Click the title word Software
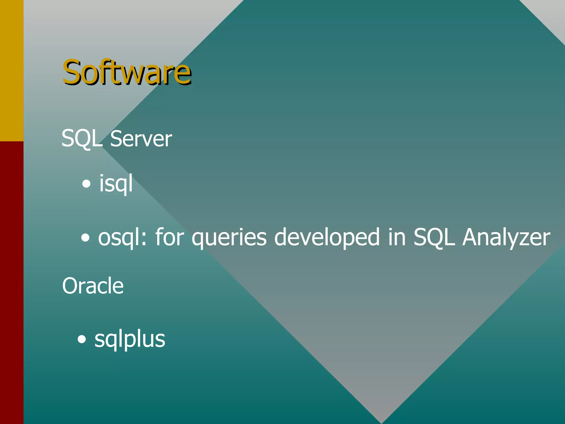coord(127,72)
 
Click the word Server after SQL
coord(141,139)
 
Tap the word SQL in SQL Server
coord(82,139)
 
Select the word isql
coord(116,183)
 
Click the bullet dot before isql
coord(86,184)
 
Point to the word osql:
coord(122,237)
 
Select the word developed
coord(327,237)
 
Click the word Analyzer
coord(506,237)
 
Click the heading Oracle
coord(93,286)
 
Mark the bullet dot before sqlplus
coord(82,339)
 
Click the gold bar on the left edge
coord(12,70)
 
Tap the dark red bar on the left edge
coord(12,282)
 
